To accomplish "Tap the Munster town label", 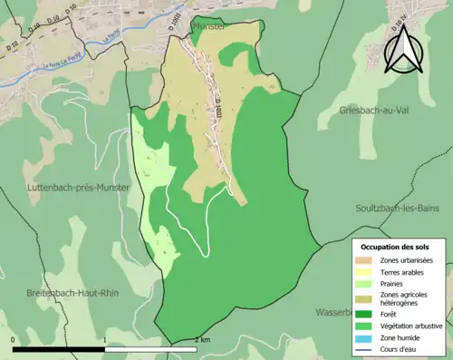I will (x=208, y=28).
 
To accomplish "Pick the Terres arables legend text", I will (x=401, y=271).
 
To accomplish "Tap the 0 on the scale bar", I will (x=14, y=340).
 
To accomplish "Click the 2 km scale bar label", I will (x=202, y=340).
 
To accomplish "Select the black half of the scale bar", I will (x=60, y=349).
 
